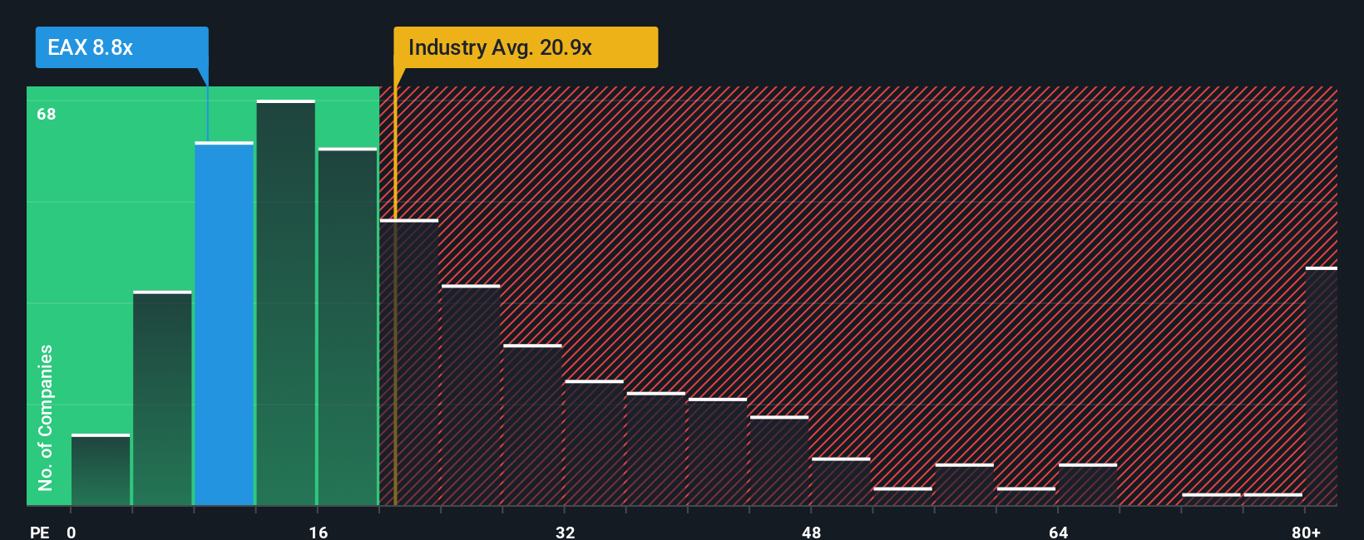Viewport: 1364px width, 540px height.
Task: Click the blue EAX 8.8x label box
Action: point(121,47)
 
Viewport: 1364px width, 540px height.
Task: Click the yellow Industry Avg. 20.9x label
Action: point(525,47)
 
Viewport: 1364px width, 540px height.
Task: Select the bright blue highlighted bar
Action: point(224,324)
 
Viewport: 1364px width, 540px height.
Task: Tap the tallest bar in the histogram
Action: point(285,303)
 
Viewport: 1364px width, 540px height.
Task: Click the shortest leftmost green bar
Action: point(101,469)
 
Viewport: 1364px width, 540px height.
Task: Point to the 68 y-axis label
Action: point(47,114)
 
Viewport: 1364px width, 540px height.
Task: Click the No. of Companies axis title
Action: point(46,417)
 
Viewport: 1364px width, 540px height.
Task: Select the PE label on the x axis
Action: point(39,532)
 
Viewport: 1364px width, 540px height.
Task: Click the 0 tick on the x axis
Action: point(72,532)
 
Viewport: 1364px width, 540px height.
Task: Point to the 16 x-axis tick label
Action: point(319,532)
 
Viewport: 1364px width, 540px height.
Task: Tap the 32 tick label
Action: point(565,532)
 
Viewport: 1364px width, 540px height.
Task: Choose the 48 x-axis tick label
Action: point(812,532)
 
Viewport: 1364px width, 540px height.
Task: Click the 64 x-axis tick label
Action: point(1058,532)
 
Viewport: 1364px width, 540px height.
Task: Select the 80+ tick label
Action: point(1306,532)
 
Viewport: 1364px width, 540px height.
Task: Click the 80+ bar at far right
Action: point(1321,386)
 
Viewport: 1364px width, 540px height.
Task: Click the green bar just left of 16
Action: point(285,303)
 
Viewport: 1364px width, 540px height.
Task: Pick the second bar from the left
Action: point(162,399)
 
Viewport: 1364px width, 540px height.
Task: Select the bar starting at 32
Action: point(594,443)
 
